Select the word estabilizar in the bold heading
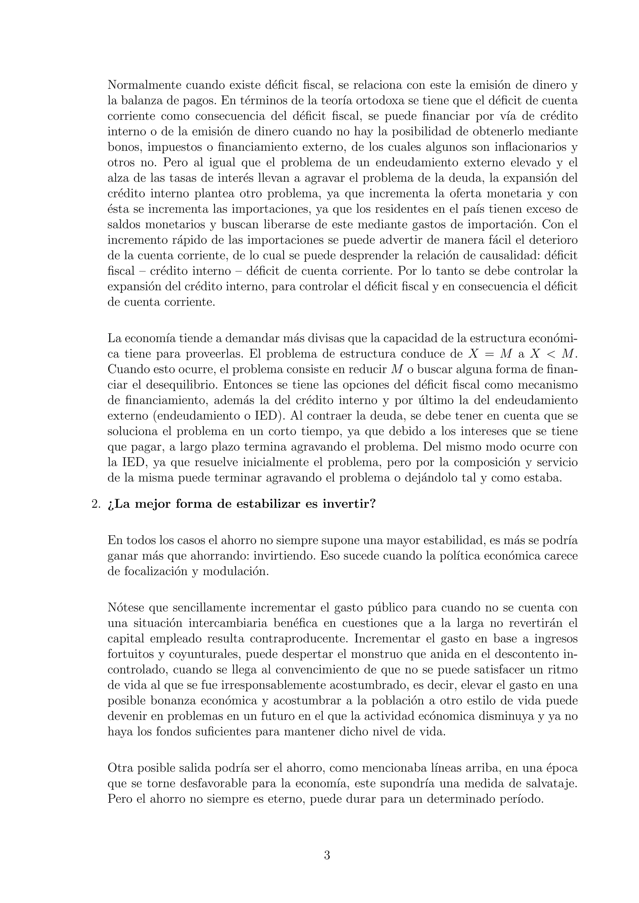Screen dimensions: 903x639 [x=268, y=504]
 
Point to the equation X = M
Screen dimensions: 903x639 [x=490, y=354]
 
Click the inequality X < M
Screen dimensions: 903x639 [x=553, y=354]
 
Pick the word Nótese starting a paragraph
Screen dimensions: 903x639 [x=125, y=608]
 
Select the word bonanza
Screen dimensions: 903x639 [x=172, y=701]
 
